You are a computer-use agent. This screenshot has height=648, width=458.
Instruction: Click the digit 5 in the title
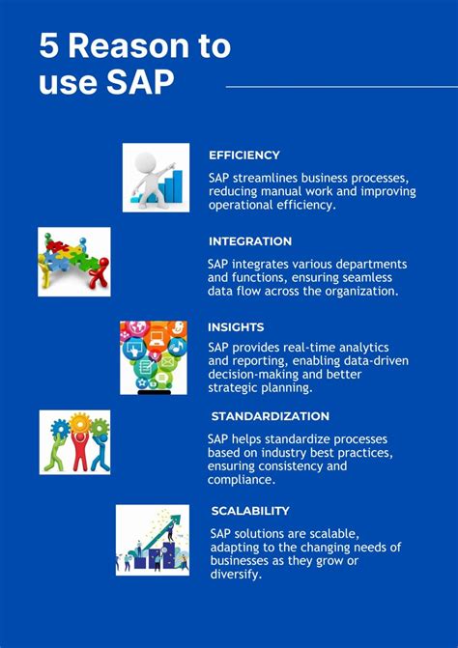[x=49, y=46]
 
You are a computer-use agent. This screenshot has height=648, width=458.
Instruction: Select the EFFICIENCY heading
[x=244, y=155]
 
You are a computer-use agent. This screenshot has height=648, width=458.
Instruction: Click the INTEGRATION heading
[x=249, y=241]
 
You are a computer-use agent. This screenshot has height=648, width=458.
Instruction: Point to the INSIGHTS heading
[x=236, y=327]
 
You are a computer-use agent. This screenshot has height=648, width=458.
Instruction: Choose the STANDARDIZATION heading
[x=270, y=416]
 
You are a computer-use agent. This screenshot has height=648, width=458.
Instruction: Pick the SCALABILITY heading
[x=250, y=511]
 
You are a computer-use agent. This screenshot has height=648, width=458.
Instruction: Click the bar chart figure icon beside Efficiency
[x=156, y=178]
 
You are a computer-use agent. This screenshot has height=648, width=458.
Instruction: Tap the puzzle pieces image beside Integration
[x=73, y=262]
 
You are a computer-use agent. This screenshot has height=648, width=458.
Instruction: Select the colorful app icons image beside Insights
[x=153, y=357]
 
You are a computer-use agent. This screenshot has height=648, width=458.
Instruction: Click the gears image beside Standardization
[x=74, y=442]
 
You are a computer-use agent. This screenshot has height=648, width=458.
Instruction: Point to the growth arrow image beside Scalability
[x=153, y=540]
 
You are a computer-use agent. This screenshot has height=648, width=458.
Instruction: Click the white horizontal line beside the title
[x=341, y=87]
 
